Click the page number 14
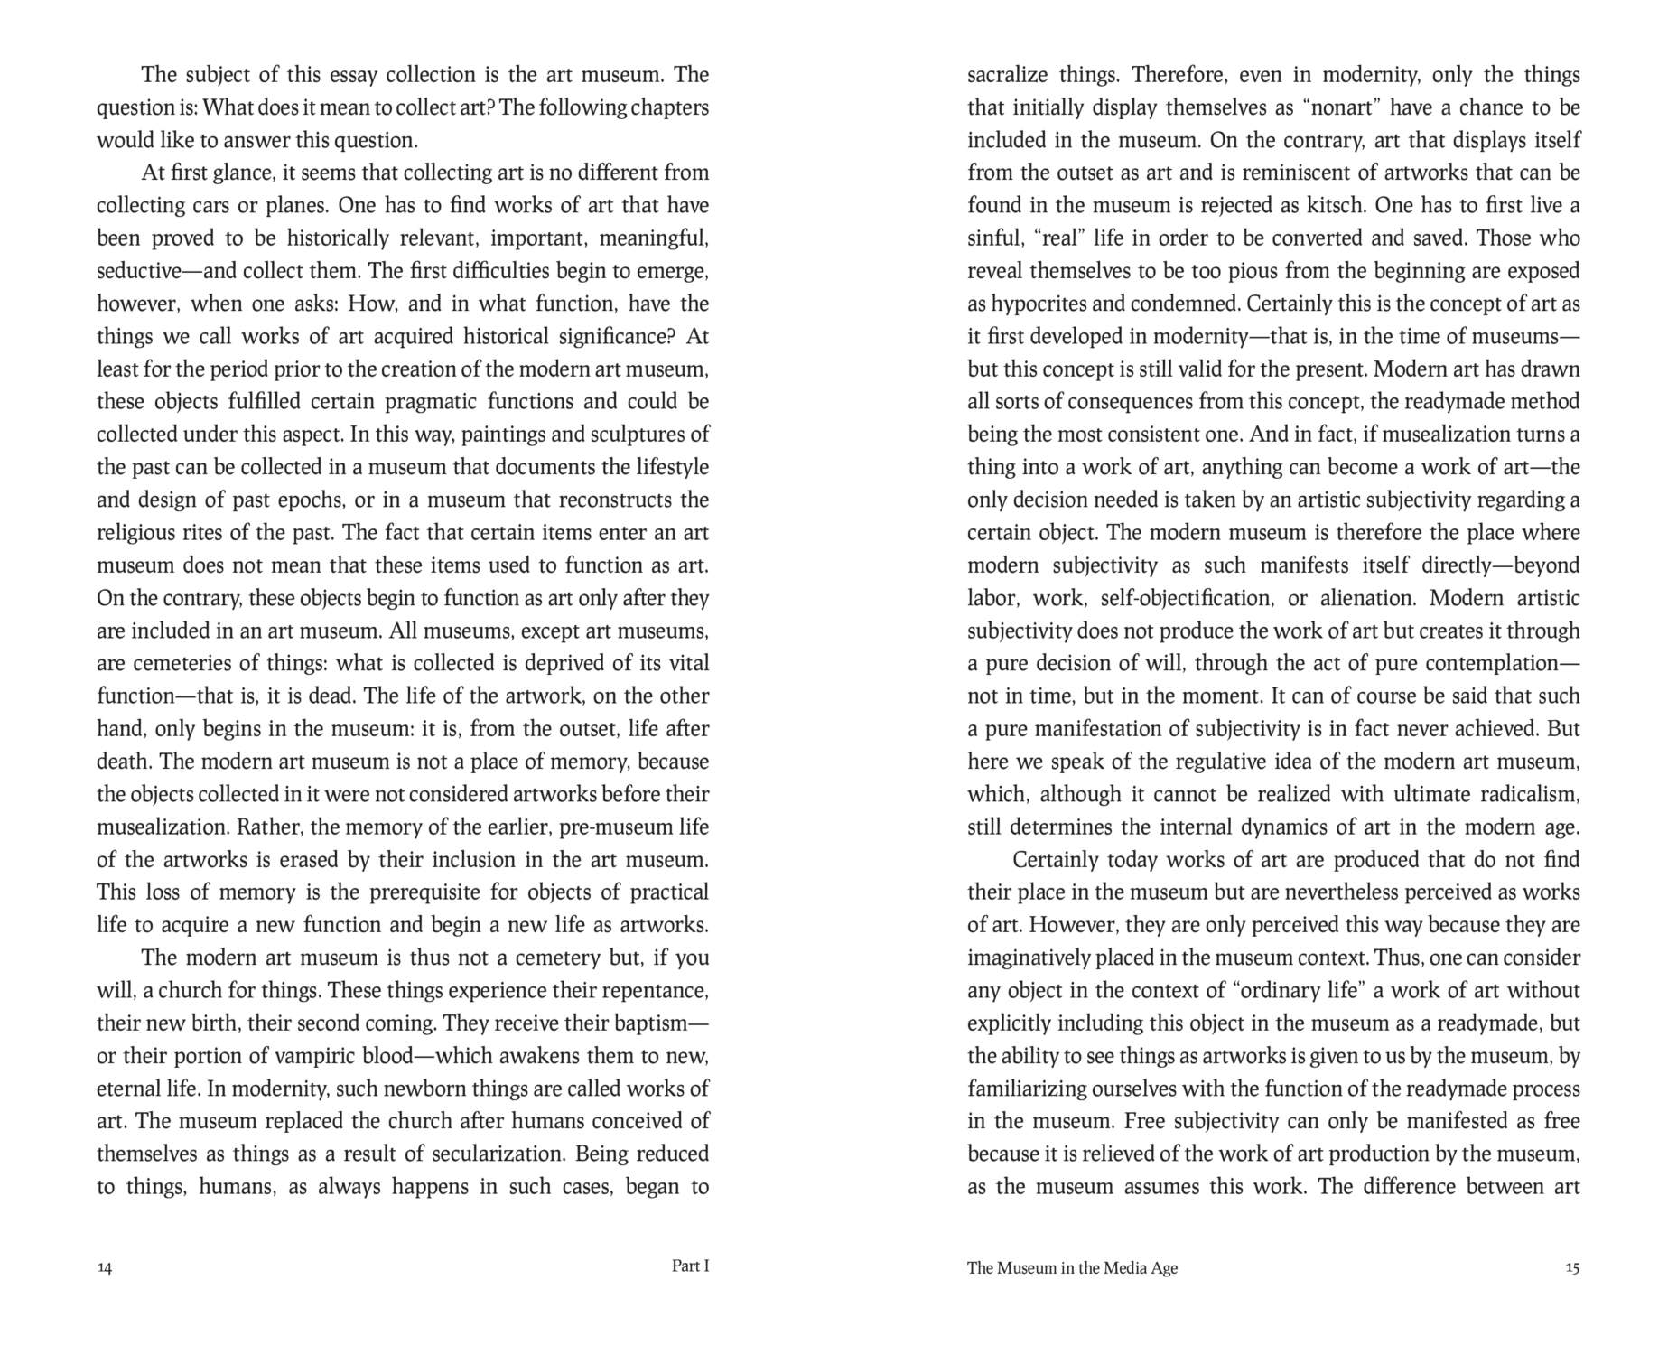(105, 1268)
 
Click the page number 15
(1572, 1268)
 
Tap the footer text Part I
(690, 1266)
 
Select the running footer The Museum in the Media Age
(1072, 1268)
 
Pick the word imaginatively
(1028, 958)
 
